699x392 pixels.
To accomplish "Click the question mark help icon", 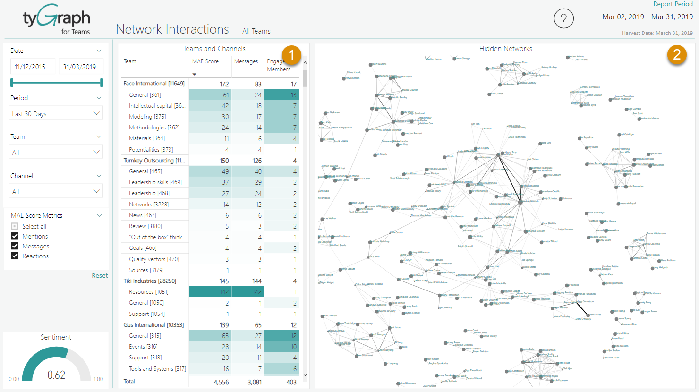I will click(563, 19).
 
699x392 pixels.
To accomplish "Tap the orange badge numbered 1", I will click(291, 55).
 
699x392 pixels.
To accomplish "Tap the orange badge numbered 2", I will click(677, 55).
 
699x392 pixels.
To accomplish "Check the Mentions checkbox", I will click(15, 236).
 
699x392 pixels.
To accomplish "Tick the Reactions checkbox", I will click(15, 256).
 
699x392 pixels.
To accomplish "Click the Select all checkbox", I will click(15, 226).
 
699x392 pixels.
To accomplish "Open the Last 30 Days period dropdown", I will click(56, 114).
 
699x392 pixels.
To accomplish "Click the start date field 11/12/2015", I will click(32, 67).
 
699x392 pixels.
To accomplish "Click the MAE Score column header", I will click(205, 61).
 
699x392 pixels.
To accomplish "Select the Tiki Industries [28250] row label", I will click(150, 281).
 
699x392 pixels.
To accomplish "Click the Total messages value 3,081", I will click(255, 382).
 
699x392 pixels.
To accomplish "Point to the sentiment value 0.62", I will click(56, 375).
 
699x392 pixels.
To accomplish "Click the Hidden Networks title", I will click(505, 49).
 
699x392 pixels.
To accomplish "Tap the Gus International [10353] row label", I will click(153, 325).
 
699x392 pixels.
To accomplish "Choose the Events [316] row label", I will click(143, 347).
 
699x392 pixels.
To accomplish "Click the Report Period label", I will click(673, 4).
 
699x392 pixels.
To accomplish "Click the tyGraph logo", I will click(57, 20).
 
